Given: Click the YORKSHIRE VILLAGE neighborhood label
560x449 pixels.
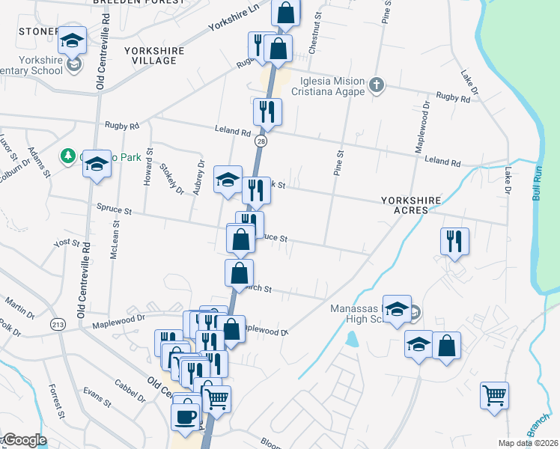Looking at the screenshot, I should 154,55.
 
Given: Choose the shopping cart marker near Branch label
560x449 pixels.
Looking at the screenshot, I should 495,394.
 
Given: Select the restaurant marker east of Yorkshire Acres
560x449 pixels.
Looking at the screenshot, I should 454,241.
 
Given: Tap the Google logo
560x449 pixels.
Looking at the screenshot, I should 24,440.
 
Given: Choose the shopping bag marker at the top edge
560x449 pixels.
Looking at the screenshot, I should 285,12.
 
